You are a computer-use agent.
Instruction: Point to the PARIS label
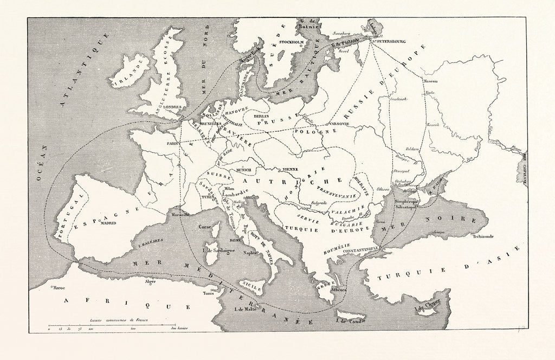coord(173,144)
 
